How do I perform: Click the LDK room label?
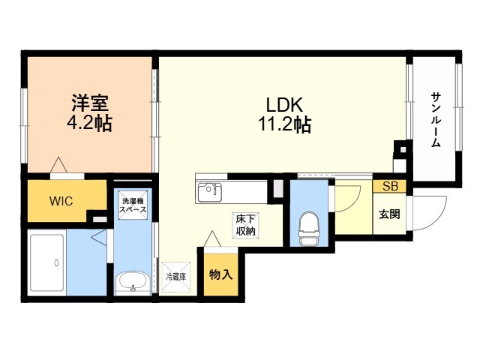tap(284, 105)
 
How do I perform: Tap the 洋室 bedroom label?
tap(90, 103)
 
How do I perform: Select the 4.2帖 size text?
tap(89, 123)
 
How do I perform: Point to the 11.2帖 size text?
tap(285, 124)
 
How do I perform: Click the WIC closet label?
tap(61, 201)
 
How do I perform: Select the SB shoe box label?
tap(390, 186)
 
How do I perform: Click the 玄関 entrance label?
tap(389, 214)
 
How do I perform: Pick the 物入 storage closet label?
tap(220, 275)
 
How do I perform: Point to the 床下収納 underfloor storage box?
tap(245, 226)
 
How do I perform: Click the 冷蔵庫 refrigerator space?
tap(176, 277)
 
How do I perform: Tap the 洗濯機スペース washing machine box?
tap(133, 205)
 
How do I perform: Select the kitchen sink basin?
tap(210, 192)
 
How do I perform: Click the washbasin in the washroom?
tap(133, 283)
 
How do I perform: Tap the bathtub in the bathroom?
tap(47, 263)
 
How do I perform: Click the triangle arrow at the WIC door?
tap(58, 165)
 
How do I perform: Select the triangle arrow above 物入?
tap(212, 238)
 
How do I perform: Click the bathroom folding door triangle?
tap(99, 237)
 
